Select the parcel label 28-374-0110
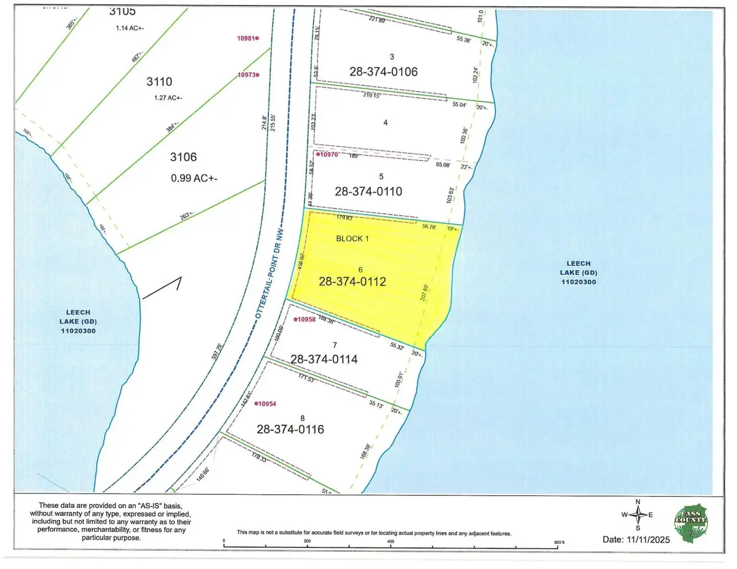coord(368,192)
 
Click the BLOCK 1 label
coord(352,238)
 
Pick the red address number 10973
coord(247,75)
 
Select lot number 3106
coord(184,157)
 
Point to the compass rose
coord(638,515)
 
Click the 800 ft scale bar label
coord(558,542)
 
